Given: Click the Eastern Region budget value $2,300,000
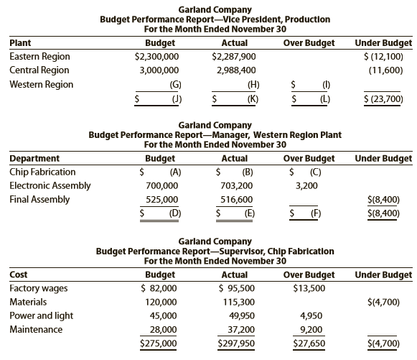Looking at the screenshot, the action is pos(156,57).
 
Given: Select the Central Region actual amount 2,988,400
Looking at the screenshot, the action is pos(236,70).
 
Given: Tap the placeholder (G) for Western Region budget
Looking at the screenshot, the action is pos(176,85).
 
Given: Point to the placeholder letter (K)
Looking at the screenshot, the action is pos(253,99).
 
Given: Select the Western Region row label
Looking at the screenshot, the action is pos(41,84).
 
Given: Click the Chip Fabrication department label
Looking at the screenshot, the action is pos(42,172).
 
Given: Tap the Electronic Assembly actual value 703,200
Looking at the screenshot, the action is pos(236,185).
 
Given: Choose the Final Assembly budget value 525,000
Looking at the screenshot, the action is pos(162,200).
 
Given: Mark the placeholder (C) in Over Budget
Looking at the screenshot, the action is pos(315,172).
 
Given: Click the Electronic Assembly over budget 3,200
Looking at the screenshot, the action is pos(306,185).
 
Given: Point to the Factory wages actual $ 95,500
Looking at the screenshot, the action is pos(236,288).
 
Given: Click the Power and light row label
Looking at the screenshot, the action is pos(41,315).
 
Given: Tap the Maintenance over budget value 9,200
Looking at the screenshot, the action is pos(311,330).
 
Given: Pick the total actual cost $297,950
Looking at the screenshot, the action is pos(236,343).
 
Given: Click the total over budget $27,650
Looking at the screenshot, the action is pos(309,343).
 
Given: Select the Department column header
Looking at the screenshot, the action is pos(34,158).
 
